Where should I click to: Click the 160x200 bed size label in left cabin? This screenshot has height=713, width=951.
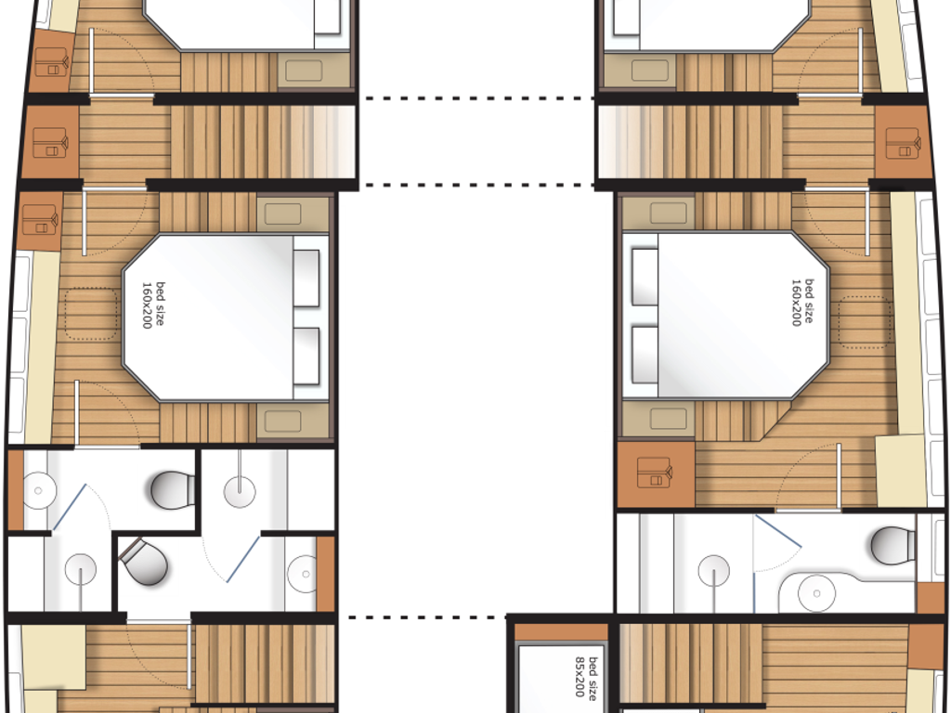coord(153,305)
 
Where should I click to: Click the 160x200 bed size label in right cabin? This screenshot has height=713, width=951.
coord(801,303)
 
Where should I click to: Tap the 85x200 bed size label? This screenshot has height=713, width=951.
coord(587,677)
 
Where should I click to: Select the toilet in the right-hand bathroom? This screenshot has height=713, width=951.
coord(893,545)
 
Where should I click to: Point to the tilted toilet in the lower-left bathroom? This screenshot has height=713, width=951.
coord(144,562)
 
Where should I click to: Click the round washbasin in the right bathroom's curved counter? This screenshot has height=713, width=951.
coord(816,593)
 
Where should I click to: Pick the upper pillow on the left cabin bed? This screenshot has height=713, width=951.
coord(306,279)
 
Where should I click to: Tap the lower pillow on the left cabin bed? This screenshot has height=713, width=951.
coord(306,356)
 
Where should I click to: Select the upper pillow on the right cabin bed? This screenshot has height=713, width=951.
coord(645,277)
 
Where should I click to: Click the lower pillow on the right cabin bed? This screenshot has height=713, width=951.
coord(645,355)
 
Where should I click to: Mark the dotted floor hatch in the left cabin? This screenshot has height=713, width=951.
coord(91,314)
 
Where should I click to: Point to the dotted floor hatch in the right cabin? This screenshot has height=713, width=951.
coord(865,322)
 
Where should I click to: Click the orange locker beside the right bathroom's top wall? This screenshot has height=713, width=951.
coord(656,474)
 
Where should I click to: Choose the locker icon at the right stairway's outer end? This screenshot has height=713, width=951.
coord(903,143)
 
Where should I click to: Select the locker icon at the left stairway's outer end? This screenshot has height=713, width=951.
coord(50,142)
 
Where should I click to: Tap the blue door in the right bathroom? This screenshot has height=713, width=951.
coord(777,532)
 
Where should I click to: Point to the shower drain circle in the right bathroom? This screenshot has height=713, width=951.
coord(714,571)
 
